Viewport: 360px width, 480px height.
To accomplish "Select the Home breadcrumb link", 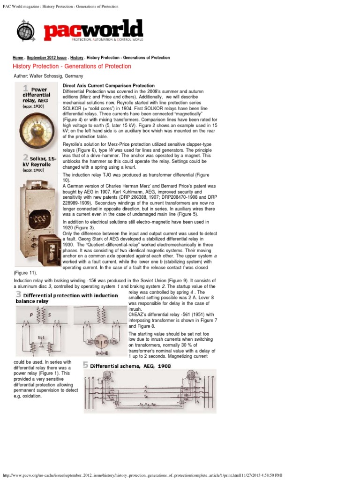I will click(18, 58).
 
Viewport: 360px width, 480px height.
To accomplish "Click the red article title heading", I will click(72, 67).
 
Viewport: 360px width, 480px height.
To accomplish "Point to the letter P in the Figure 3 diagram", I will click(31, 315).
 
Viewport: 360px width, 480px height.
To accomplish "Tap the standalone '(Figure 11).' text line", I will click(26, 272).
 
